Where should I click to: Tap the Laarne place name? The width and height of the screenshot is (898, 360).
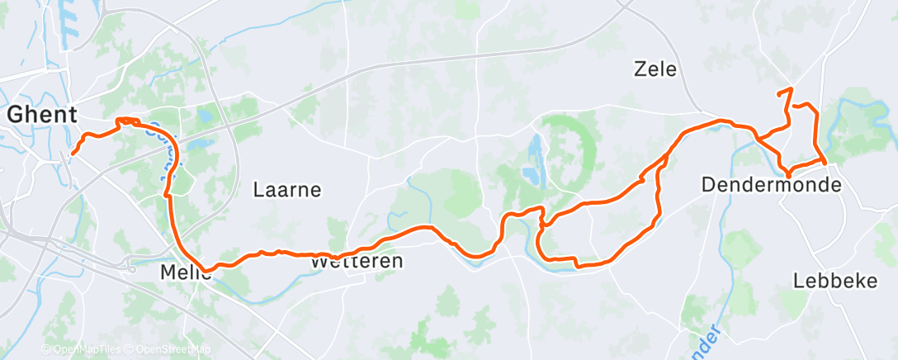point(286,190)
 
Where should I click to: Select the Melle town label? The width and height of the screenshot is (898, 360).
point(185,272)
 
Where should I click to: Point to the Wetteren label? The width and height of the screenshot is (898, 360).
point(357,262)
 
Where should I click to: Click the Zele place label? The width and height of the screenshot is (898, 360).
point(655,69)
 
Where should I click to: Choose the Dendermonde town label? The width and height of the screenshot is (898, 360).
point(771,186)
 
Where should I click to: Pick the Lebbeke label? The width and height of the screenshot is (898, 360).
point(834,281)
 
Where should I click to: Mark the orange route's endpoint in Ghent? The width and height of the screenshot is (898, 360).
point(73,153)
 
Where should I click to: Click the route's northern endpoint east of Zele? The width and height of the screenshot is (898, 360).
point(791,88)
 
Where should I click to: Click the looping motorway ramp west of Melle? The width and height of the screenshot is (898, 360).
point(130,267)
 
